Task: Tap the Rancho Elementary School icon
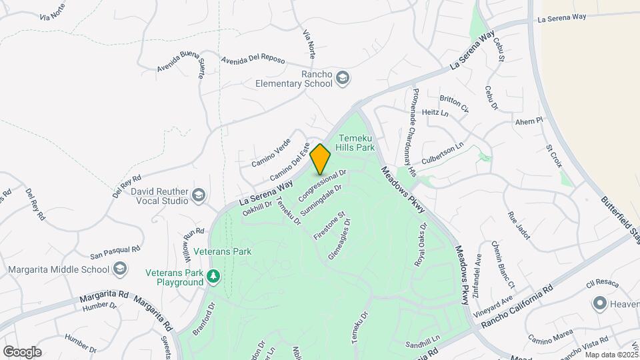[x=343, y=78]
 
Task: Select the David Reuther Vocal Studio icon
[x=198, y=195]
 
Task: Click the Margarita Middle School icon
[x=120, y=269]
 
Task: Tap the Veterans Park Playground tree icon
[x=213, y=276]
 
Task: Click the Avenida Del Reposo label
[x=253, y=59]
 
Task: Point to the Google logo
[x=22, y=352]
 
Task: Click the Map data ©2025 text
[x=611, y=355]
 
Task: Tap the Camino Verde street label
[x=271, y=154]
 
